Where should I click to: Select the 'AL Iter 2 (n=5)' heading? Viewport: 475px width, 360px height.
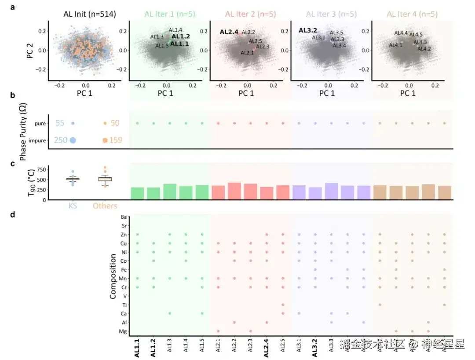(x=250, y=14)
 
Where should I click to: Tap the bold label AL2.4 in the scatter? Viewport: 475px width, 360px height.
(x=229, y=32)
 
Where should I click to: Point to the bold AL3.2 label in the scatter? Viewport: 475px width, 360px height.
(x=308, y=30)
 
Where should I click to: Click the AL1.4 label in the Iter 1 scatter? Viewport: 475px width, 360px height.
(x=175, y=30)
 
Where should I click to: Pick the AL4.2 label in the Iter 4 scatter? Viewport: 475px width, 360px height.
(x=424, y=49)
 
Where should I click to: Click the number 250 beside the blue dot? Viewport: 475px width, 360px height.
(x=61, y=140)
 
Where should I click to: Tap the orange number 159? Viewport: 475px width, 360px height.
(x=115, y=140)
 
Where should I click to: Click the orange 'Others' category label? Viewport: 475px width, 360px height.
(x=105, y=206)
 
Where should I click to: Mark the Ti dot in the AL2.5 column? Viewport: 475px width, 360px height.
(x=283, y=305)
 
